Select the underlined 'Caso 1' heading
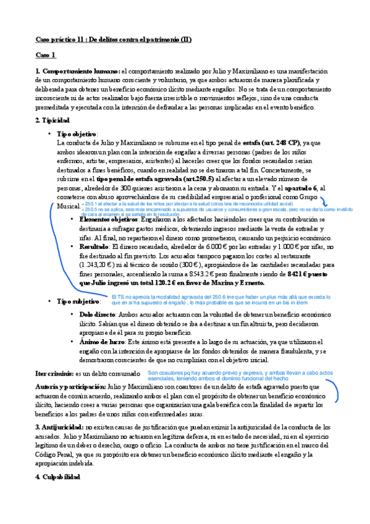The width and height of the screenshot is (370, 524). [46, 55]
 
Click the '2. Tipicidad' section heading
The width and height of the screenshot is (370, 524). [53, 119]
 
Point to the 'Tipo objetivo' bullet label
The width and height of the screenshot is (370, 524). [76, 133]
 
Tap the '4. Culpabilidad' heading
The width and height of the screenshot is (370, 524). [57, 477]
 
